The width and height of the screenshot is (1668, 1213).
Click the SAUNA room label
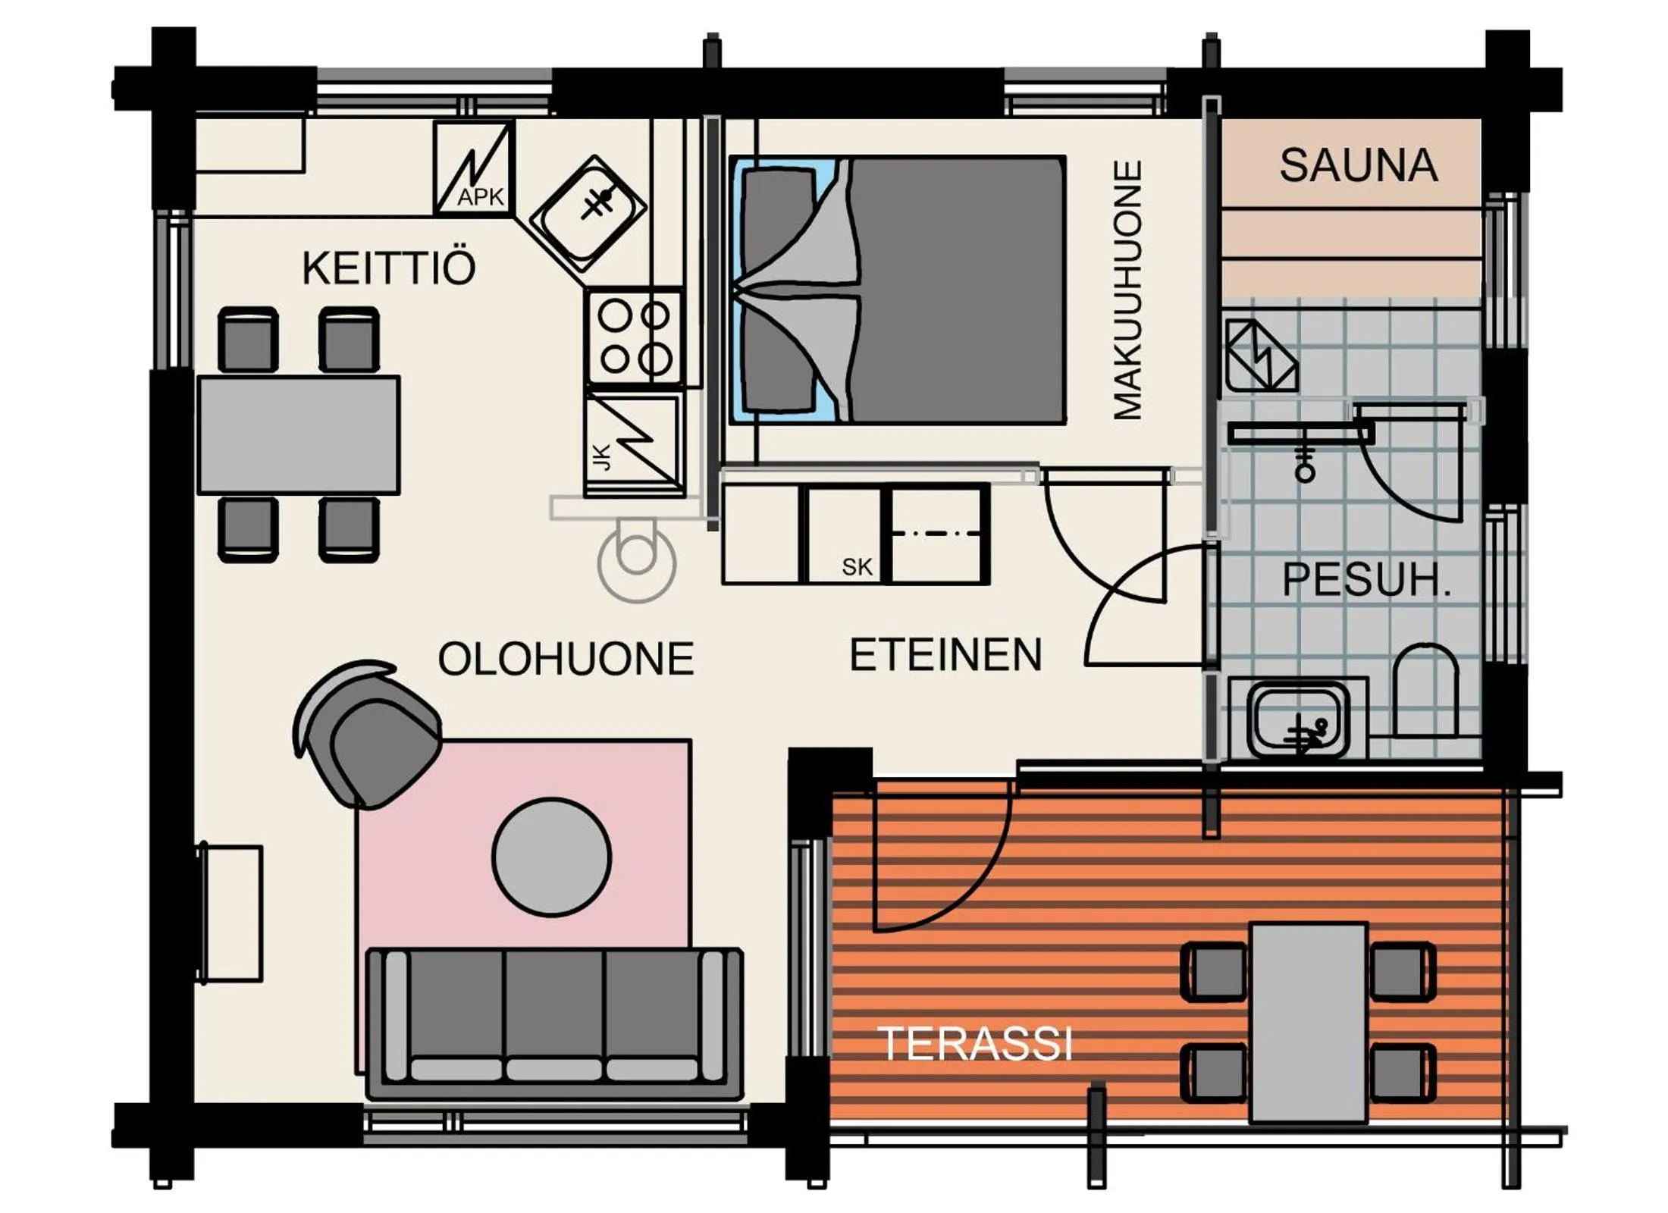click(1358, 165)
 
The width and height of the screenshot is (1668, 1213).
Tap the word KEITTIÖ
click(388, 268)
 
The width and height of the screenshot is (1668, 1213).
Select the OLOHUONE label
click(566, 658)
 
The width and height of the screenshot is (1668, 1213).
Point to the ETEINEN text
click(945, 655)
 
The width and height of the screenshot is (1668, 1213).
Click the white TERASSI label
click(975, 1044)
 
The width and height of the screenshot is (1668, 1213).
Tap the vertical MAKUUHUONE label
click(1127, 290)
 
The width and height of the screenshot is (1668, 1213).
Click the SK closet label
click(857, 566)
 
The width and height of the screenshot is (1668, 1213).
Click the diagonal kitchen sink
click(588, 214)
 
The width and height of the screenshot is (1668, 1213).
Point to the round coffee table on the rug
click(551, 857)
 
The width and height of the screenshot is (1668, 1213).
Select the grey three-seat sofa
click(553, 1022)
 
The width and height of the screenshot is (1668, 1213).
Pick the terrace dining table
click(1308, 1022)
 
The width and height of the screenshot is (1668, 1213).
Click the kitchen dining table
click(299, 435)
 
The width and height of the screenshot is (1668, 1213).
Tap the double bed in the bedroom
click(898, 290)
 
